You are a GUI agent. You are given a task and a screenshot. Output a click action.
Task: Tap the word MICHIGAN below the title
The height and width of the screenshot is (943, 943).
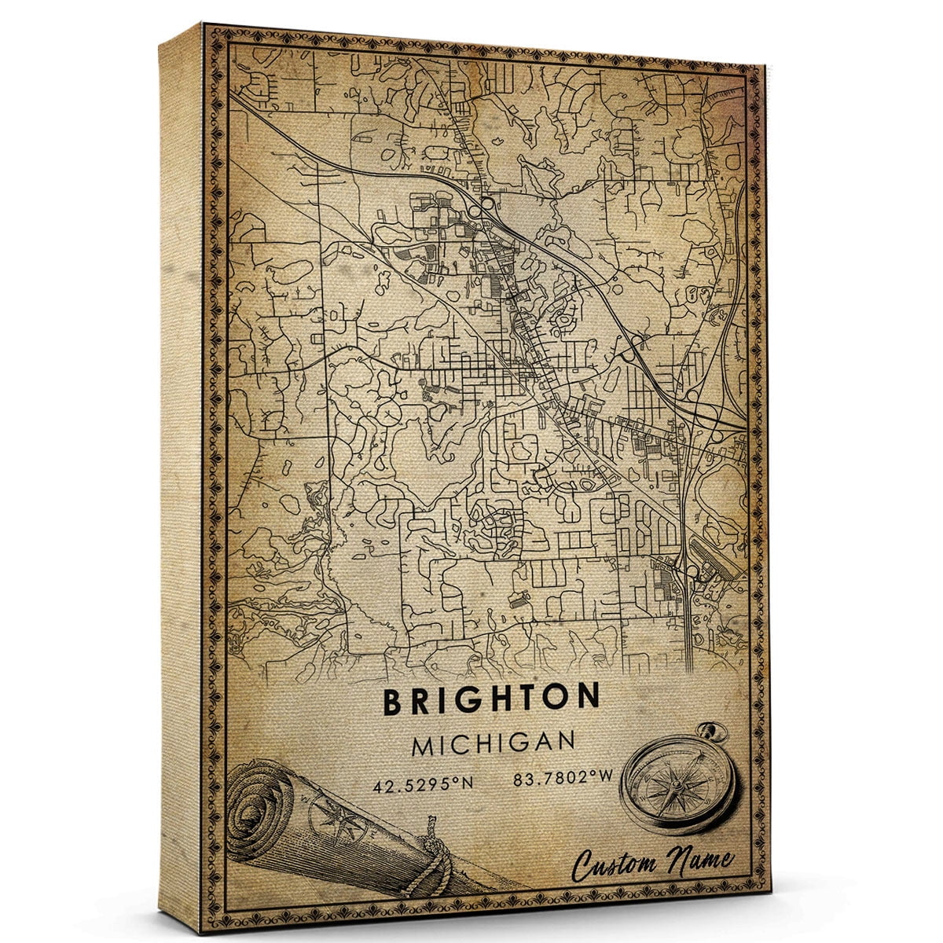pyautogui.click(x=493, y=743)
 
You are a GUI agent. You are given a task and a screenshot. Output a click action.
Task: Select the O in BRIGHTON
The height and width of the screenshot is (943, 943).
pyautogui.click(x=558, y=698)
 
